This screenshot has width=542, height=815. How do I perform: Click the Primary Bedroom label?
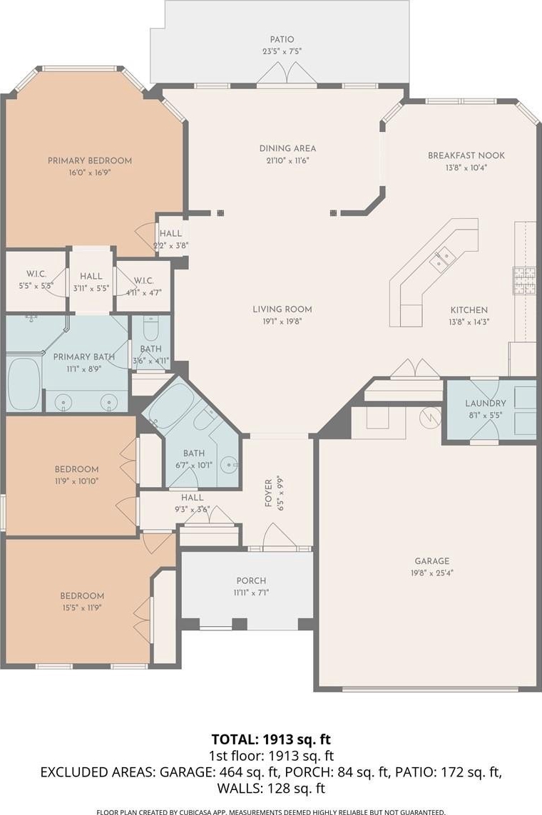[89, 160]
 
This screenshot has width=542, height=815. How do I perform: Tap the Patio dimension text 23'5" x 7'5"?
[282, 51]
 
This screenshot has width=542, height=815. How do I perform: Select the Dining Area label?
[287, 148]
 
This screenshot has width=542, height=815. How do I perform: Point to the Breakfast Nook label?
[466, 155]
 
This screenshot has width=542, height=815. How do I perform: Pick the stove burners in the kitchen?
[524, 281]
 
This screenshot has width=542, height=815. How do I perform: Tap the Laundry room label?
[486, 404]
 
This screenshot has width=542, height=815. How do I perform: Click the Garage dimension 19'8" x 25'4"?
[432, 573]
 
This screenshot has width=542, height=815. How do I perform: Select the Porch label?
[251, 580]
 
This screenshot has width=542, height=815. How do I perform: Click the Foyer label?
[269, 492]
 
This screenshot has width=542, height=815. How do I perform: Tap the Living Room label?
[282, 309]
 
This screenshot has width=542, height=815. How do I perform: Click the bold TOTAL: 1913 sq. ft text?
[271, 739]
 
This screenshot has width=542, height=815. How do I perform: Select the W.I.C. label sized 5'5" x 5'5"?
[36, 274]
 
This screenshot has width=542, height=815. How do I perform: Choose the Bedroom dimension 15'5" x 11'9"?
[82, 608]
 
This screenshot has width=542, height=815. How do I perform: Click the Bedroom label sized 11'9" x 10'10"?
[76, 469]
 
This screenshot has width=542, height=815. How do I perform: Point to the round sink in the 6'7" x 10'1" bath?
[229, 464]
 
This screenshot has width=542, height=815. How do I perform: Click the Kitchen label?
[469, 310]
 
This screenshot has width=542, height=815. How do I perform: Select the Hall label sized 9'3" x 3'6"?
[193, 498]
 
